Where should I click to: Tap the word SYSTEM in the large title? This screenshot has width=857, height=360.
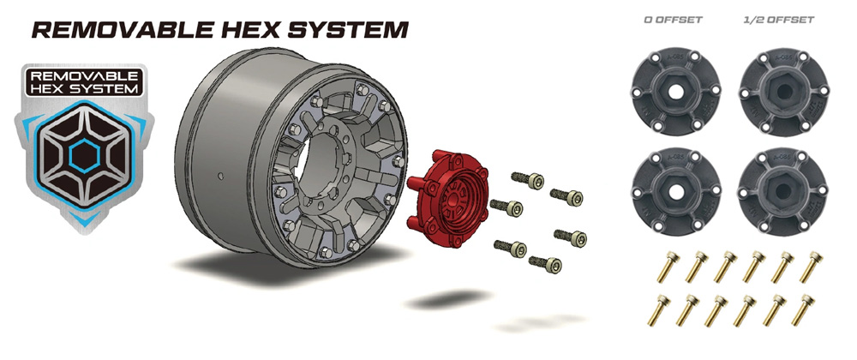click(348, 29)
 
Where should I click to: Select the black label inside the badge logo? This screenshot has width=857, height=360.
click(84, 82)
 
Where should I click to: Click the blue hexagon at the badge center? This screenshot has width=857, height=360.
click(84, 154)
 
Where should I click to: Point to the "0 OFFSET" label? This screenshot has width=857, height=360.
click(674, 21)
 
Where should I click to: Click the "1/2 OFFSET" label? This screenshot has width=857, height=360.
click(779, 21)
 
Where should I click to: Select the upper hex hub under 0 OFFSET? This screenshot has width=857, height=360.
click(675, 92)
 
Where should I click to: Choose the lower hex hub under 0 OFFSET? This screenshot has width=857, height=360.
click(675, 191)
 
